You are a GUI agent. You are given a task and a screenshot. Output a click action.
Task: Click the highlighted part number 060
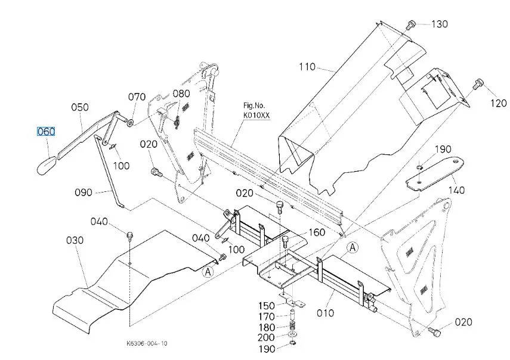tap(46, 132)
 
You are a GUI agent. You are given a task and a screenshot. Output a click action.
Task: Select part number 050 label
tap(80, 107)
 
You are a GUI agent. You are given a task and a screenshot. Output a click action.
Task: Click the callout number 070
tap(137, 97)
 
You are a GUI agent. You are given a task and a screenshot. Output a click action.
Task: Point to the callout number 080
tap(181, 94)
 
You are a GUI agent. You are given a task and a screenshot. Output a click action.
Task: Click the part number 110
tap(307, 67)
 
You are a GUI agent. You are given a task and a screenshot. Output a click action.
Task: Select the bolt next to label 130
tap(410, 24)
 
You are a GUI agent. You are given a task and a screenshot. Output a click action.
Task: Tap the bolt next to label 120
tap(477, 85)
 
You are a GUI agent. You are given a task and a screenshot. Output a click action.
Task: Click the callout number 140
tap(457, 191)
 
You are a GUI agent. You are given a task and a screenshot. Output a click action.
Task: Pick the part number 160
tap(316, 232)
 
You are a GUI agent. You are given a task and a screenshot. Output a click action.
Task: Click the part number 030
tap(75, 240)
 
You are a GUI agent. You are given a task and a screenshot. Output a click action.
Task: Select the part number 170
tap(267, 316)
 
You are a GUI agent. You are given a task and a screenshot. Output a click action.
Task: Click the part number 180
tap(267, 327)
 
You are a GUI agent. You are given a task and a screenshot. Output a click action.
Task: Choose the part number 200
tap(267, 338)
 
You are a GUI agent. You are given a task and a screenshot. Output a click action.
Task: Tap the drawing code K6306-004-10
tap(147, 343)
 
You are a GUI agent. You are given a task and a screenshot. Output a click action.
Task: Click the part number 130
tap(439, 24)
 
